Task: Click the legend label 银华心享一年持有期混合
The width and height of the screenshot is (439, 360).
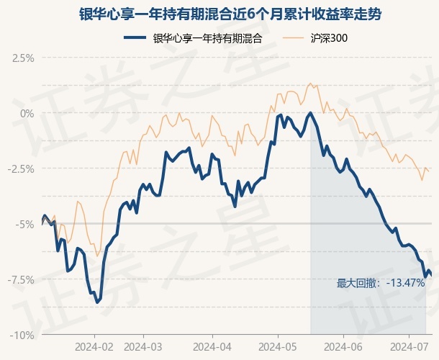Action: [x=207, y=39]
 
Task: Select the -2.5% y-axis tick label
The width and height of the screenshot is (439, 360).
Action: [x=22, y=168]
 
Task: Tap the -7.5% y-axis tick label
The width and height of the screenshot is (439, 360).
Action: [x=22, y=279]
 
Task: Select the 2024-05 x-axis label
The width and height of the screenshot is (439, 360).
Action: [x=276, y=346]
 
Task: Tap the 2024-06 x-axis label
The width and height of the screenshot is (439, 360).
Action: [x=342, y=346]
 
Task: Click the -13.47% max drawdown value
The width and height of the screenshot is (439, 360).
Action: [x=405, y=283]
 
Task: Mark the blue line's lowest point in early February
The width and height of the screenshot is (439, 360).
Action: [x=97, y=302]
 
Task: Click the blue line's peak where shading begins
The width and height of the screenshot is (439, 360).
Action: [x=310, y=113]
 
